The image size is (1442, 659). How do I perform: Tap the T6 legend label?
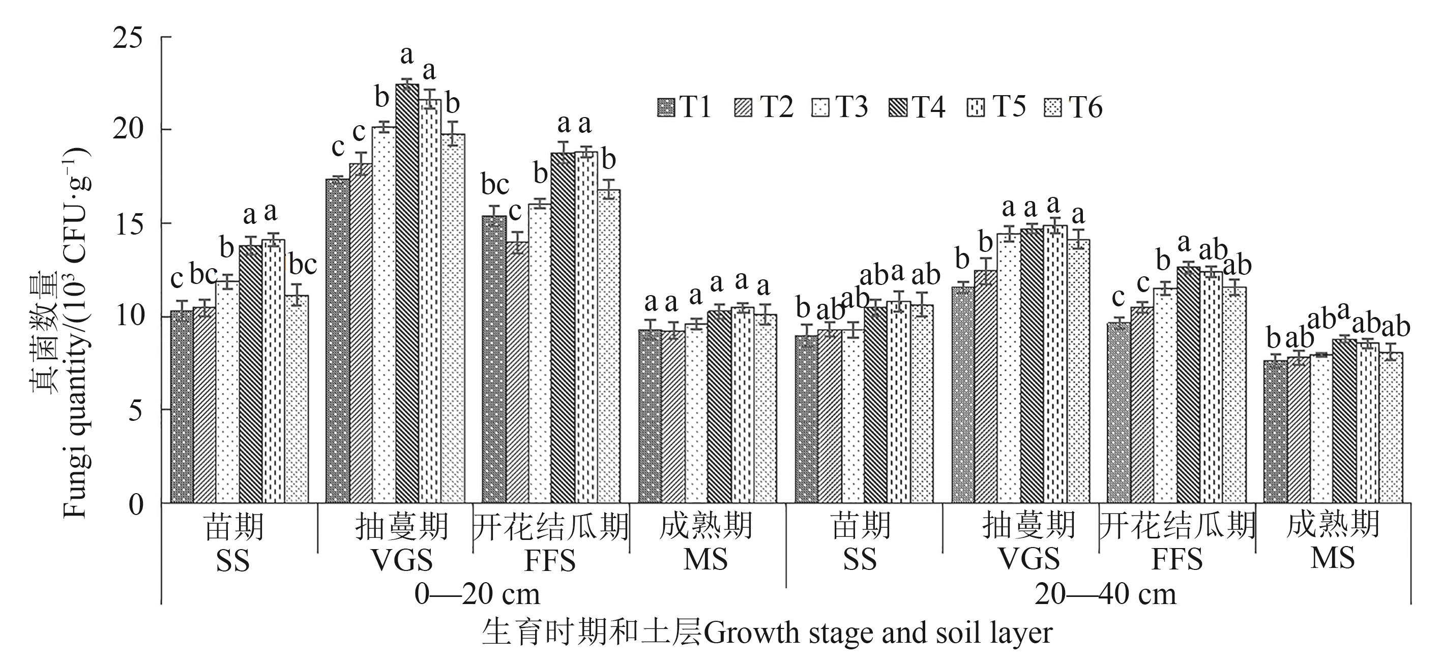pos(1086,107)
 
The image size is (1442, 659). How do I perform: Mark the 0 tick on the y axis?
pos(136,503)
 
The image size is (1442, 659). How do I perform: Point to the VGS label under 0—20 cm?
pos(402,560)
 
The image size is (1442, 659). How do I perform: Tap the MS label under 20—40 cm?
pos(1332,558)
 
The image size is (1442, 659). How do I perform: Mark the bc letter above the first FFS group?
pos(495,185)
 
